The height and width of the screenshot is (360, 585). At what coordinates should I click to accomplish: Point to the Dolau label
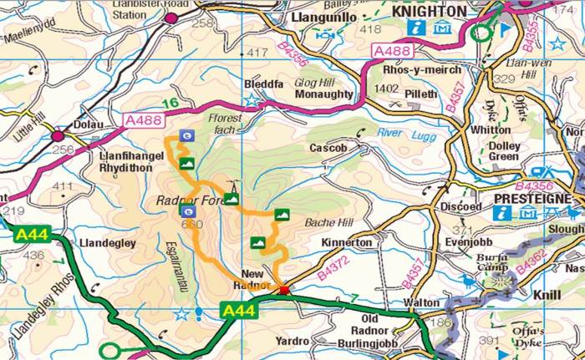(x=89, y=124)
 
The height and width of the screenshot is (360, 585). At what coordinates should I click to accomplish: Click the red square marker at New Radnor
(x=283, y=291)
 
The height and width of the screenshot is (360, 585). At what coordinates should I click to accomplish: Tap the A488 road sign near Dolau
(x=142, y=120)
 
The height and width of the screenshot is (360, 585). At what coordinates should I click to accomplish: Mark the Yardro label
(x=292, y=341)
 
